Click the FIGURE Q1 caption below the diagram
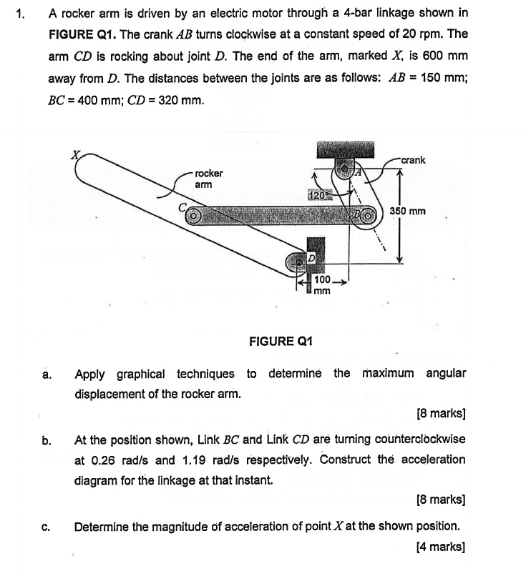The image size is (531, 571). pyautogui.click(x=281, y=342)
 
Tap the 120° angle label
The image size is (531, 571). pyautogui.click(x=317, y=194)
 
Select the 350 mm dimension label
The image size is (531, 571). pyautogui.click(x=408, y=212)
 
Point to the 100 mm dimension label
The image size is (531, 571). pyautogui.click(x=322, y=285)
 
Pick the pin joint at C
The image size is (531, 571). pyautogui.click(x=191, y=214)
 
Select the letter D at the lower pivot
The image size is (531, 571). pyautogui.click(x=312, y=256)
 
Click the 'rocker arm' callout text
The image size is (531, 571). pyautogui.click(x=208, y=179)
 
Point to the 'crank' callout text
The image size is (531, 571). pyautogui.click(x=413, y=160)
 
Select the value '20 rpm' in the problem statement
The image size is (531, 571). pyautogui.click(x=414, y=34)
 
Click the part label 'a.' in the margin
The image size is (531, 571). pyautogui.click(x=46, y=374)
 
